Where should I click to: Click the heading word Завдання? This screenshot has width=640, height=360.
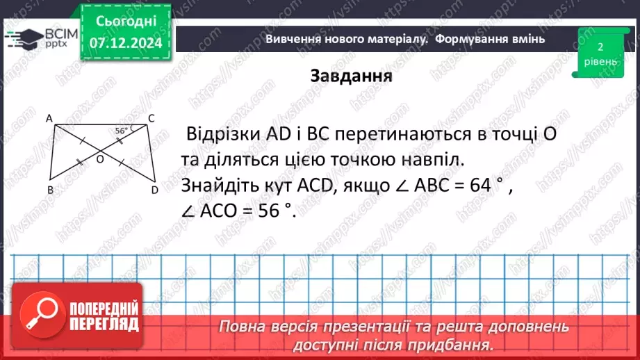point(352,75)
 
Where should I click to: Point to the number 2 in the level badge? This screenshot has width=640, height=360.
point(600,47)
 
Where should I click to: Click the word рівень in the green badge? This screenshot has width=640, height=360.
point(600,61)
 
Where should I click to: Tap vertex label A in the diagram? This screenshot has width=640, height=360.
point(50,119)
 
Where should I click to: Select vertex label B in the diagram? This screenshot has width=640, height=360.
point(50,190)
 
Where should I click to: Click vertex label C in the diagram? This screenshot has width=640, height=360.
point(151,118)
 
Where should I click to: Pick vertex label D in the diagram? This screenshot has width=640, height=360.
point(154,190)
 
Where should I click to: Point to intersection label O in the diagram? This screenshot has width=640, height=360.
point(99,160)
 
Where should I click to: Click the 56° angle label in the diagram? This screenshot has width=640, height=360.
point(123,131)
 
